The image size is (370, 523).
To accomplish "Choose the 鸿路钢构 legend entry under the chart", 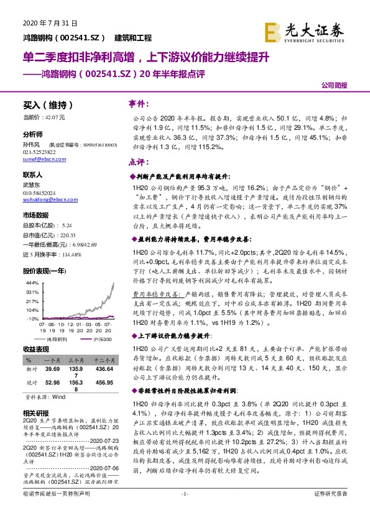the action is point(62,340).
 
